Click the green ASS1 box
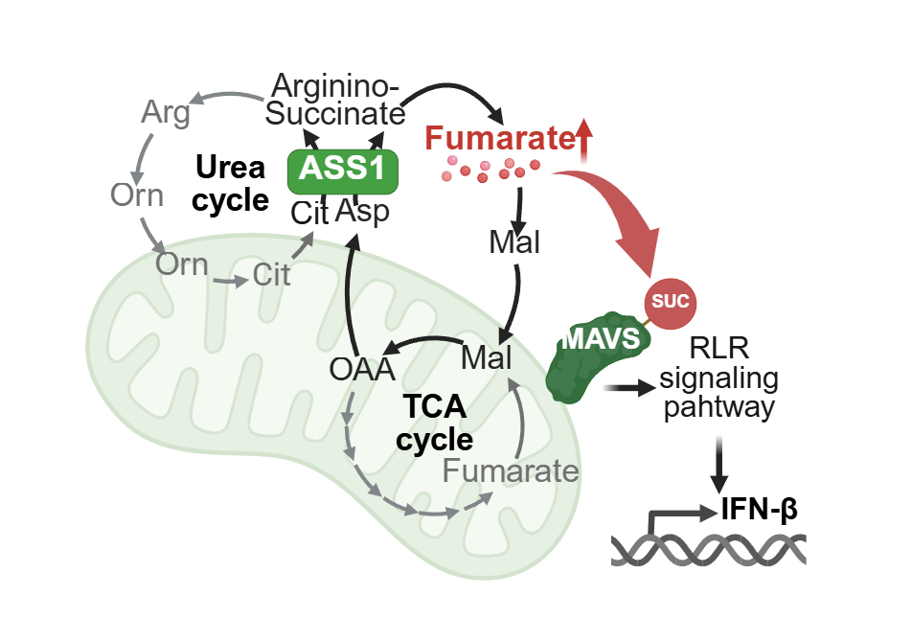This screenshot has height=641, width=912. (x=342, y=170)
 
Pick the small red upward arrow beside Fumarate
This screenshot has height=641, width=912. (x=584, y=139)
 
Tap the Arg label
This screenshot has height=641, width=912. (x=165, y=113)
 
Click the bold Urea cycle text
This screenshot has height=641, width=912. (x=230, y=184)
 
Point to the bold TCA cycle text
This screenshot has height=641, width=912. (x=435, y=423)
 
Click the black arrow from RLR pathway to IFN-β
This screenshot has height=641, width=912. (x=718, y=467)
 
